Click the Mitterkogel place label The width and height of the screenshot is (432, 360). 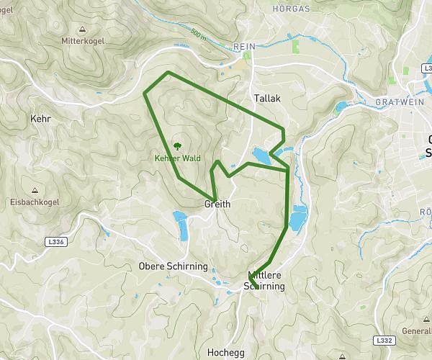tap(85, 41)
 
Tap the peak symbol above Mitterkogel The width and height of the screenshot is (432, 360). tap(84, 30)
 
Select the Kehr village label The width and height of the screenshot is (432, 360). tap(40, 118)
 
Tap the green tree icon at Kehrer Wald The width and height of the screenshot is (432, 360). tap(177, 147)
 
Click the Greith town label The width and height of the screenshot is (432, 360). tap(217, 204)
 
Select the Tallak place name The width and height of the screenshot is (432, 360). tap(266, 97)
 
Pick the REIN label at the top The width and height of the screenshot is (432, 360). tap(245, 46)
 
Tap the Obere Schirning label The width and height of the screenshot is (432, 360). tap(172, 266)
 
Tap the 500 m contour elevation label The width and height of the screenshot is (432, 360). tap(200, 35)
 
